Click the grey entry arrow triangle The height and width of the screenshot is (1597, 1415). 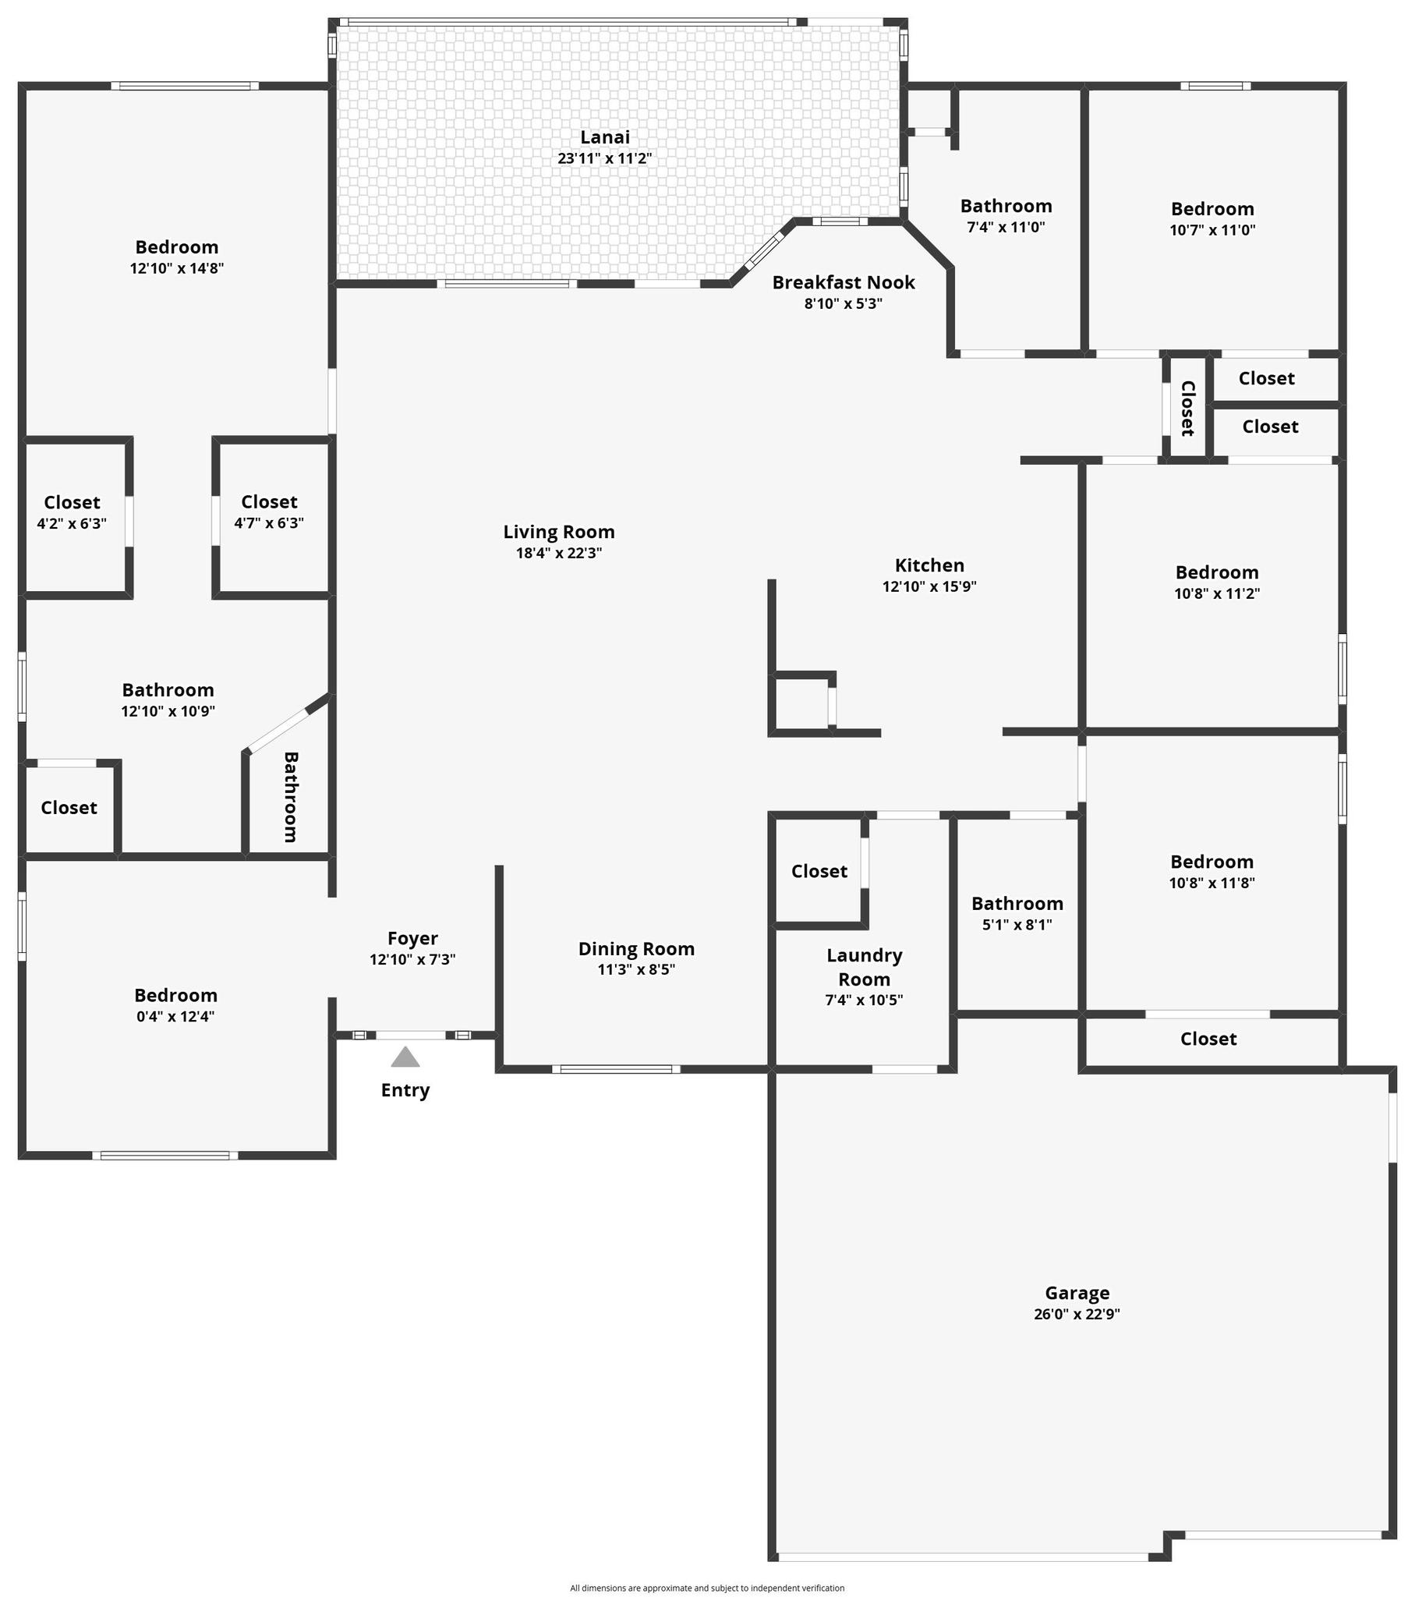click(405, 1058)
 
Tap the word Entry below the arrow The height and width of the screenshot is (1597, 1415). click(405, 1091)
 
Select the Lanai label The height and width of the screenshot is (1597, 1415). click(605, 137)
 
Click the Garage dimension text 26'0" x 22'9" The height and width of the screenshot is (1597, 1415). click(1077, 1314)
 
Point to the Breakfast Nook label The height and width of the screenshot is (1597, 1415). click(843, 283)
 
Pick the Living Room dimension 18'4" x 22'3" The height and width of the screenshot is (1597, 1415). click(559, 553)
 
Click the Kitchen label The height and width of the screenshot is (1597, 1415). click(929, 565)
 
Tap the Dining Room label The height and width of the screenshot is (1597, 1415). click(636, 949)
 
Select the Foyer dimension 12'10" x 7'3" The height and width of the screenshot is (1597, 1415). click(412, 959)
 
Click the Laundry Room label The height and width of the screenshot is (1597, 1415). click(864, 967)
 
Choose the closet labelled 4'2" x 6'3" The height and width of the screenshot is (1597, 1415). click(72, 523)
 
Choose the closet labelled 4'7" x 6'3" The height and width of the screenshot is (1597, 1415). click(269, 522)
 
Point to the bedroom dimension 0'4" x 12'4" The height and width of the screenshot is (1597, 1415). click(175, 1017)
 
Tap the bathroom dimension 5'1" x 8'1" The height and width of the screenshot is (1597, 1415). click(1017, 925)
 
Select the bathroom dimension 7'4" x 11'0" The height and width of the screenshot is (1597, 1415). click(1006, 228)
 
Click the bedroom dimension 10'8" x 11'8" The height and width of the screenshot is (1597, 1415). click(1212, 883)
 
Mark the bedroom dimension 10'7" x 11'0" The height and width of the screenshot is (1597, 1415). click(1212, 230)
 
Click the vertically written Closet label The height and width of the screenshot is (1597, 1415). click(1187, 409)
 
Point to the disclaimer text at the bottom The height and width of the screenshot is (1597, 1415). click(707, 1588)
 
